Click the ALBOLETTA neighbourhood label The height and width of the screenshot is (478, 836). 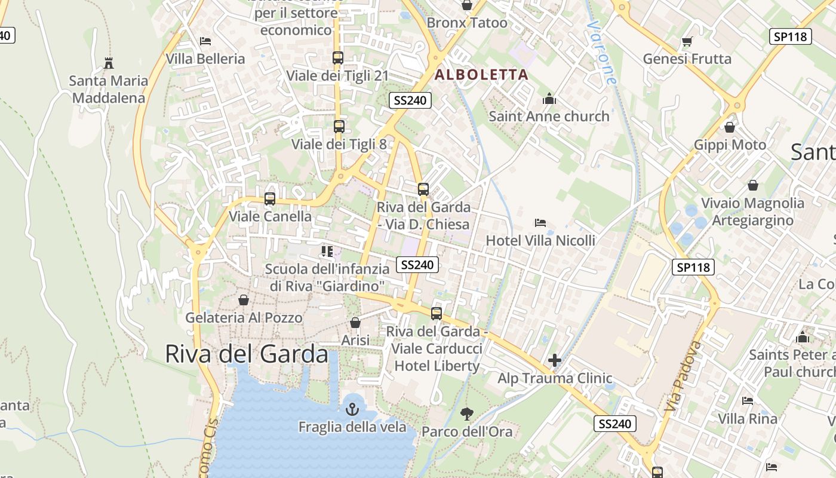pos(481,75)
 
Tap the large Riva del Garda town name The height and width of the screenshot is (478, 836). pos(246,354)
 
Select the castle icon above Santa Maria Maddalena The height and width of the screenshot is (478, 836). pos(109,63)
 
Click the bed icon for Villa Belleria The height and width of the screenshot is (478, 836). pos(205,41)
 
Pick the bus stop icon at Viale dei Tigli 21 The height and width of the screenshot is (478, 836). pos(338,58)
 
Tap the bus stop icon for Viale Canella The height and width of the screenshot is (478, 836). pos(270,199)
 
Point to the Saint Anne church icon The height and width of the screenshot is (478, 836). pos(549,99)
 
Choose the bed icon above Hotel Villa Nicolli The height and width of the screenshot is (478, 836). pos(540,223)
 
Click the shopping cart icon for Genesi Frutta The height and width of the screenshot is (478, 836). pos(687,41)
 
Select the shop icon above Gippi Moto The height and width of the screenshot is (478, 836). pos(730,127)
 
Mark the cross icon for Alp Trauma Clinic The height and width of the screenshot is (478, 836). pos(555,360)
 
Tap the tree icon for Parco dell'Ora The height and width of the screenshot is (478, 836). pos(467,413)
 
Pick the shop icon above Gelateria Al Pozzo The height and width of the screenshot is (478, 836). pos(244,300)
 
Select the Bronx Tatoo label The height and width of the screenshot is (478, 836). pos(467,23)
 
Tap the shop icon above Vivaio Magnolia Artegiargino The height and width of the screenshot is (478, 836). pos(753,185)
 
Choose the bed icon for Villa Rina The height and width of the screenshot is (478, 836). pos(748,401)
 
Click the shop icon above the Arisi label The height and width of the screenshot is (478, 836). pos(355,323)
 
